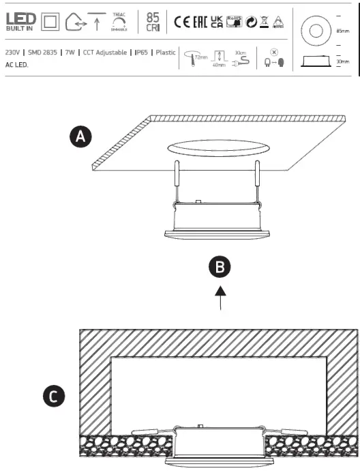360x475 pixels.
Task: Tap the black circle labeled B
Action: coord(220,268)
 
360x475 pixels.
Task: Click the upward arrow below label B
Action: coord(220,298)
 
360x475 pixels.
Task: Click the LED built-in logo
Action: coord(20,21)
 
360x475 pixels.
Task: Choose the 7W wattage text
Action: coord(70,53)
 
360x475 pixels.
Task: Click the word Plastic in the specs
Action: coord(165,53)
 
